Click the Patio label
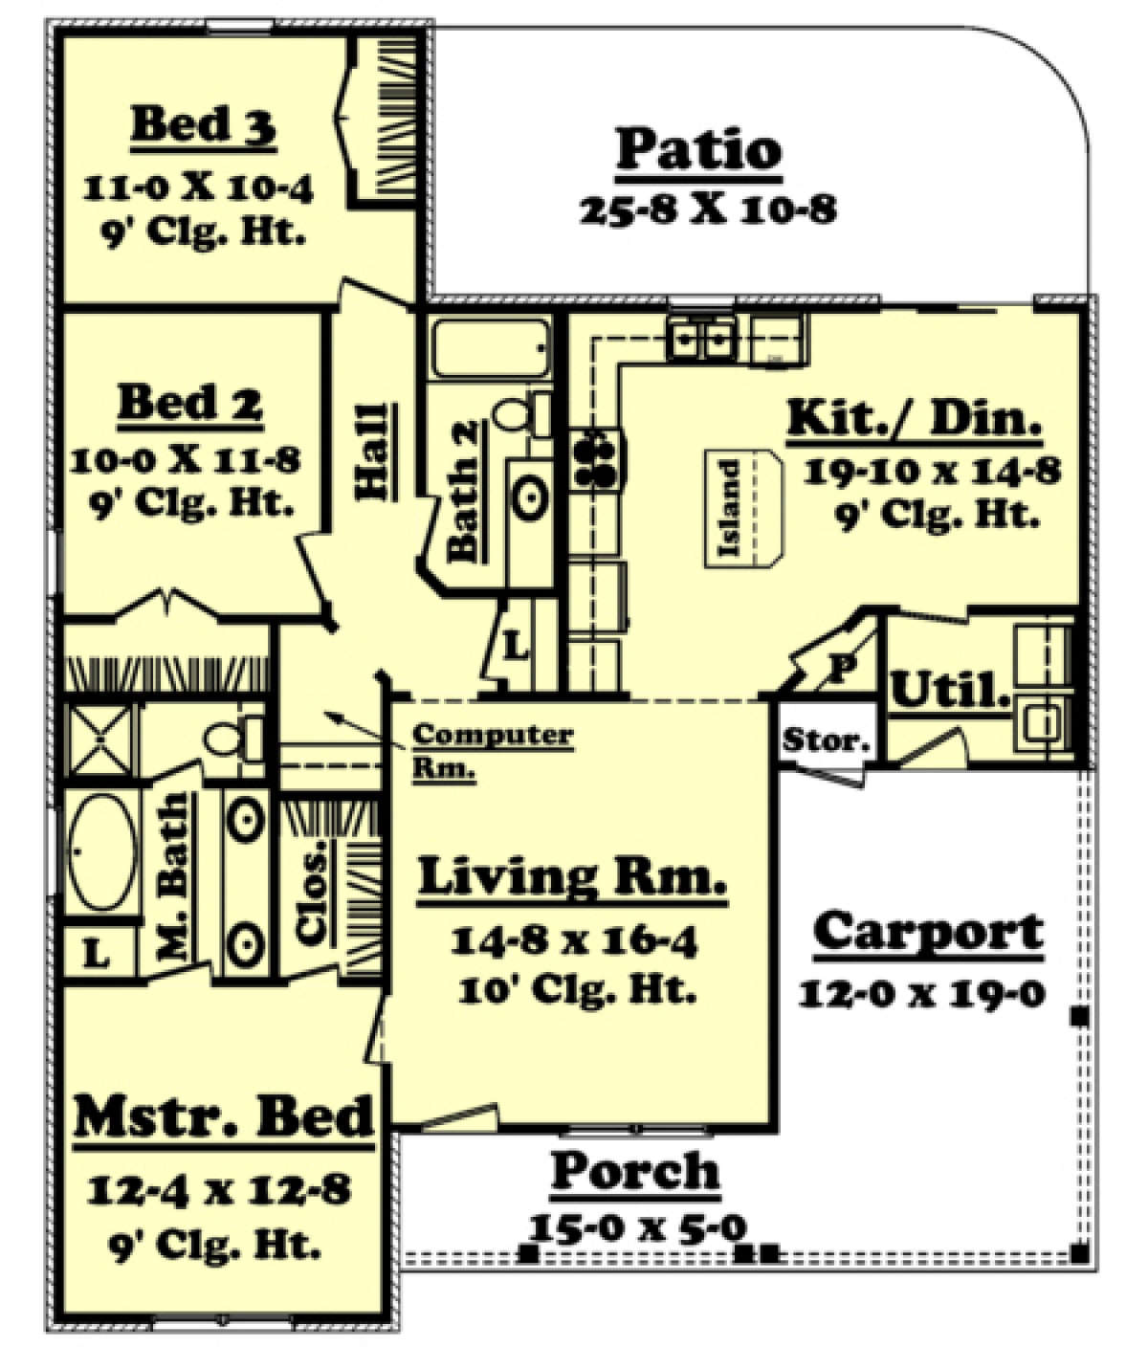point(698,150)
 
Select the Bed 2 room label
point(189,403)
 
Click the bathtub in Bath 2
point(490,348)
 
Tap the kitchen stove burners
point(596,458)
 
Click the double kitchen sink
point(701,338)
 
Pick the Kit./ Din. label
point(913,420)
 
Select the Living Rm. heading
point(572,878)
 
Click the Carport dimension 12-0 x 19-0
point(922,994)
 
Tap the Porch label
point(635,1171)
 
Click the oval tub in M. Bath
point(101,851)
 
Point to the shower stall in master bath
point(99,740)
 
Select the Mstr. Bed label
point(224,1117)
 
